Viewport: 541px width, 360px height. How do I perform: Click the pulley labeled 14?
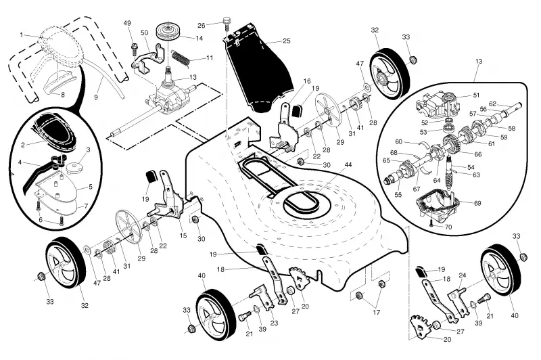pyautogui.click(x=168, y=32)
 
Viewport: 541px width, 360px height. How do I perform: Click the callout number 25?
pyautogui.click(x=286, y=41)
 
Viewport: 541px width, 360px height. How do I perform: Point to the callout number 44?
pyautogui.click(x=348, y=164)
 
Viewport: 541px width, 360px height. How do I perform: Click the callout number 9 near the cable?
pyautogui.click(x=96, y=97)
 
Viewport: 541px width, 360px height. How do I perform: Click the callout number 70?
pyautogui.click(x=448, y=227)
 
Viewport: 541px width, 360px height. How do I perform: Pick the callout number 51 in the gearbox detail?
pyautogui.click(x=476, y=95)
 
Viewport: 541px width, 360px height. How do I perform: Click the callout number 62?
pyautogui.click(x=492, y=104)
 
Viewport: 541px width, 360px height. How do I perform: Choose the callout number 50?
pyautogui.click(x=144, y=32)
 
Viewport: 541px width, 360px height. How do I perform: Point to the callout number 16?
pyautogui.click(x=307, y=81)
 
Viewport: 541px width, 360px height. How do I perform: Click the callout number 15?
pyautogui.click(x=183, y=235)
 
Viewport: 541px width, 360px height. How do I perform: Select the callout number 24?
pyautogui.click(x=463, y=275)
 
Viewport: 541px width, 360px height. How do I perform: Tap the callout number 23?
pyautogui.click(x=274, y=323)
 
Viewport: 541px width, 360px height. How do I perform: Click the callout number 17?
pyautogui.click(x=377, y=312)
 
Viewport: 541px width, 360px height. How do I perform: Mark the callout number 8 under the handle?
pyautogui.click(x=62, y=95)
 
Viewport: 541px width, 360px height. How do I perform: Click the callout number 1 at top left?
pyautogui.click(x=22, y=35)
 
